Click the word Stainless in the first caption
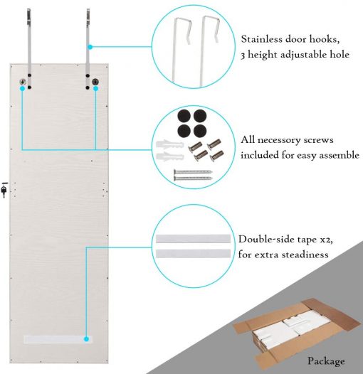tap(261, 39)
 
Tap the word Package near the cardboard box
tap(326, 361)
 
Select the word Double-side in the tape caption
tap(264, 239)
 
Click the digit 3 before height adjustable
tap(243, 55)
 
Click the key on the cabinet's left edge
tap(4, 190)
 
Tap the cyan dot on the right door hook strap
tap(90, 47)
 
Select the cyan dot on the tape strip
tap(86, 339)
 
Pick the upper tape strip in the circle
tap(193, 239)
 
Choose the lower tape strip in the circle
tap(193, 254)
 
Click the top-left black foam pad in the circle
tap(184, 117)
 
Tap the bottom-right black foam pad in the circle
tap(200, 131)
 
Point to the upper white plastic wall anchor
tap(170, 145)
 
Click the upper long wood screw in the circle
tap(193, 172)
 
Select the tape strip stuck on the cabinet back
tap(58, 339)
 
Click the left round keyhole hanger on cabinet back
tap(23, 82)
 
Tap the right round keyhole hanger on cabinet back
tap(95, 82)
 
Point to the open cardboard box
tap(297, 333)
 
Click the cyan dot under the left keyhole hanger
tap(22, 89)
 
